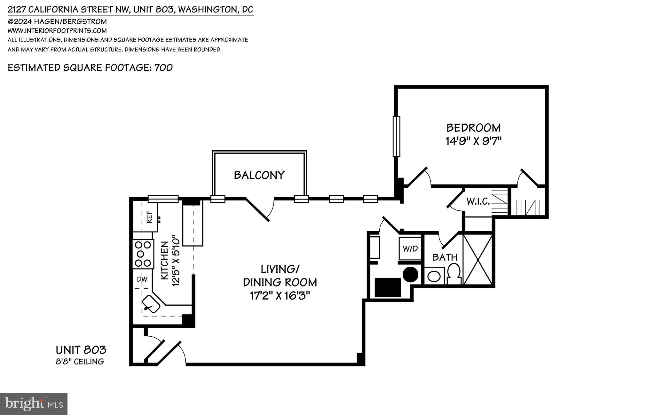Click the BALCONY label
(259, 175)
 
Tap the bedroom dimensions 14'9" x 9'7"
(473, 141)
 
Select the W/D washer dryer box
(410, 249)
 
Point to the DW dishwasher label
(142, 279)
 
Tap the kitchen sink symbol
(151, 304)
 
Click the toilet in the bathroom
(454, 274)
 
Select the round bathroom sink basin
(434, 276)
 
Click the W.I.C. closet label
(478, 201)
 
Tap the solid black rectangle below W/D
(388, 287)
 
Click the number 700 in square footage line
(163, 68)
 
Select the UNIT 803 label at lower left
(81, 350)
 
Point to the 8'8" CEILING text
(80, 362)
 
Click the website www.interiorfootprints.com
(57, 31)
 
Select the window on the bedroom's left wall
(396, 136)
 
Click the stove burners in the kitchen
(143, 254)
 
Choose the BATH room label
(445, 257)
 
